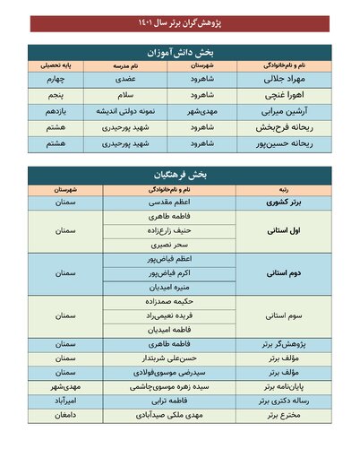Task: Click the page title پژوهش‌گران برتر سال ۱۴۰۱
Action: (180, 21)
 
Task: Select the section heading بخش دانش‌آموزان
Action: (180, 53)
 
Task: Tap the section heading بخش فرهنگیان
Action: (180, 174)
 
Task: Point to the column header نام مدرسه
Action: (126, 66)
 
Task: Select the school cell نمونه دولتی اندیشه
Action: (126, 111)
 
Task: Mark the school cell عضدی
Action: (126, 79)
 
